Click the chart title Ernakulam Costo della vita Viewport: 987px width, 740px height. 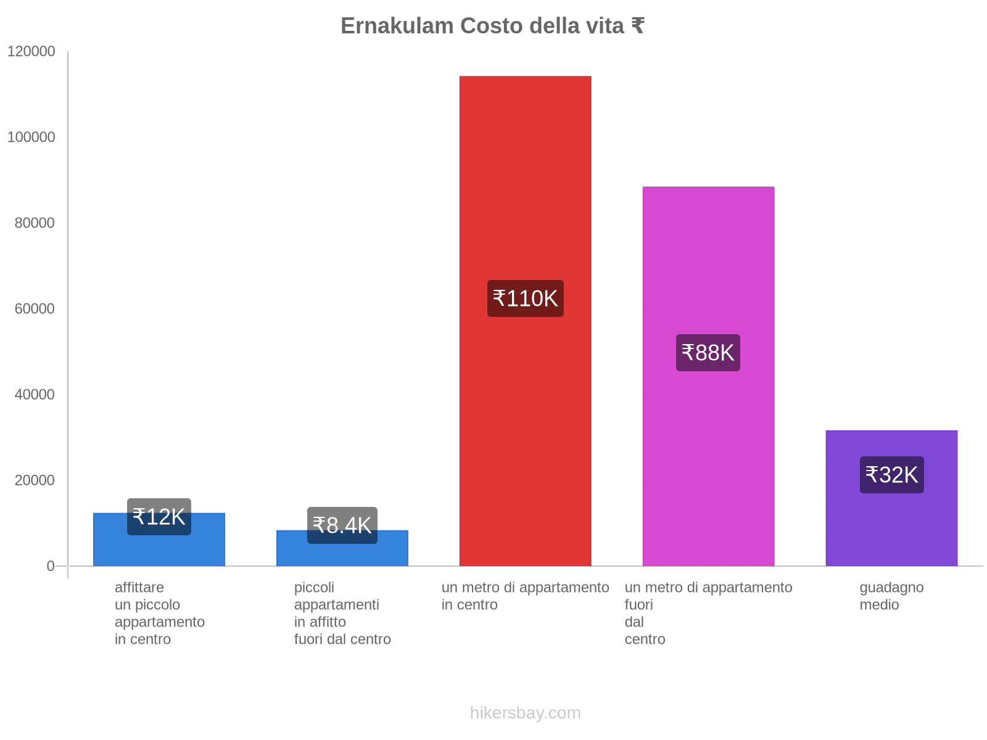492,26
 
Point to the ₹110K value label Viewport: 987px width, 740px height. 525,298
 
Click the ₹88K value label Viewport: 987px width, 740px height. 708,353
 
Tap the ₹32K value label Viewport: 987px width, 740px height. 891,475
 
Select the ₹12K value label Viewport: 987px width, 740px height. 159,517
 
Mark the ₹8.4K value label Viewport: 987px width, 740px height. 342,525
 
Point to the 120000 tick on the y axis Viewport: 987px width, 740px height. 31,52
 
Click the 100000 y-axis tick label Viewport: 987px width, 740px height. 31,137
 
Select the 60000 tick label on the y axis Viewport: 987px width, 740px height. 35,308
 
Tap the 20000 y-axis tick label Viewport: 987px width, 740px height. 35,480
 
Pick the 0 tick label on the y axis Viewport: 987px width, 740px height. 51,565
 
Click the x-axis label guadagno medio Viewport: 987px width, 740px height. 891,596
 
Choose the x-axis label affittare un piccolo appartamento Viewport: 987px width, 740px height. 159,613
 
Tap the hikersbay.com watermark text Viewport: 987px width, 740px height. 525,713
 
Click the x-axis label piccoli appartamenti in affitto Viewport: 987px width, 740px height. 342,613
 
